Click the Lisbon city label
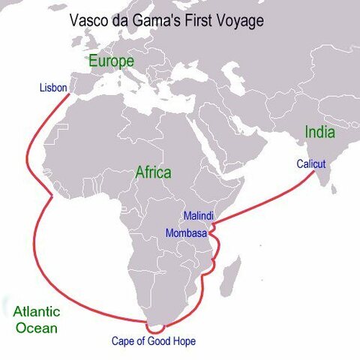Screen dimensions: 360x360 pos(53,88)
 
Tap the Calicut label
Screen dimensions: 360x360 pos(310,163)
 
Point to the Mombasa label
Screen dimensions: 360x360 pos(187,232)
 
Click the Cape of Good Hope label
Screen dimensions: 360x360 pos(153,341)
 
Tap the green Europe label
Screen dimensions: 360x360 pos(111,61)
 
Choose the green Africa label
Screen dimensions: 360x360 pos(153,172)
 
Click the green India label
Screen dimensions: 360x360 pos(319,133)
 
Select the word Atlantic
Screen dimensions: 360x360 pos(37,311)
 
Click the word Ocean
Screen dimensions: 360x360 pos(37,328)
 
